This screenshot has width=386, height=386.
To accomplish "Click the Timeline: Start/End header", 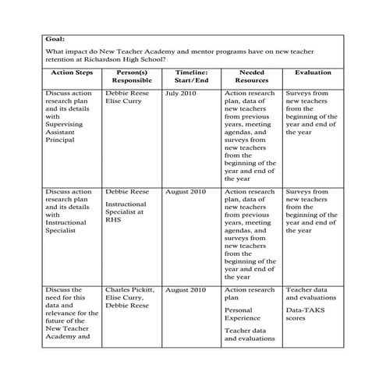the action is [x=190, y=76].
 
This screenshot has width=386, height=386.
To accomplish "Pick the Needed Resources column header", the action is [x=250, y=76].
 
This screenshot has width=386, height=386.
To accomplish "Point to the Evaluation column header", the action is [x=312, y=73].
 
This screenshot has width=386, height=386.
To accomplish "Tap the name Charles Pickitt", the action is [x=129, y=290].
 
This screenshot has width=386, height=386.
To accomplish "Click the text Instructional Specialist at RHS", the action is [x=126, y=211].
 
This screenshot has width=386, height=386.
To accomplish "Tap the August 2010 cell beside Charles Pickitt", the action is [x=186, y=290].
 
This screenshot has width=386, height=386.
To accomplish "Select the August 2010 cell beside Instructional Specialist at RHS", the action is [x=186, y=192].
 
